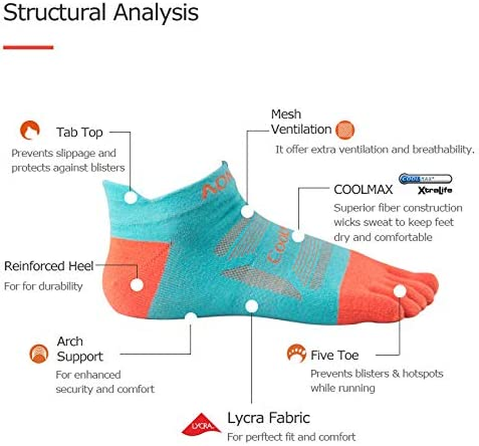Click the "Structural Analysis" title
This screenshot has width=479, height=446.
100,13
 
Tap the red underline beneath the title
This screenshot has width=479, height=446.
28,47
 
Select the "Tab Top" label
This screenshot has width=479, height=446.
79,132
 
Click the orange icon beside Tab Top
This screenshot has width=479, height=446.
30,130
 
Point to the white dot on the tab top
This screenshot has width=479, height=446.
130,196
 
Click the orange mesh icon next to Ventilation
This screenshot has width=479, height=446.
345,130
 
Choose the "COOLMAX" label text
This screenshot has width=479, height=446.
363,189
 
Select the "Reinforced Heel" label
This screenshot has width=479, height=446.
49,265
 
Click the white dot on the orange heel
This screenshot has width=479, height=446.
137,284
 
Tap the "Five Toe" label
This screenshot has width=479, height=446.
335,355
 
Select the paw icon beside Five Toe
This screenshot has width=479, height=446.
296,353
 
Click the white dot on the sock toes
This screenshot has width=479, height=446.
399,290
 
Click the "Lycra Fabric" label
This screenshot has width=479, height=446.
268,418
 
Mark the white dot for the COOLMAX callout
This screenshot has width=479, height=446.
298,236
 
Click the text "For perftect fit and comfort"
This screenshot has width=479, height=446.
291,437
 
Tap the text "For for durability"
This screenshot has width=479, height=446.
43,286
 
